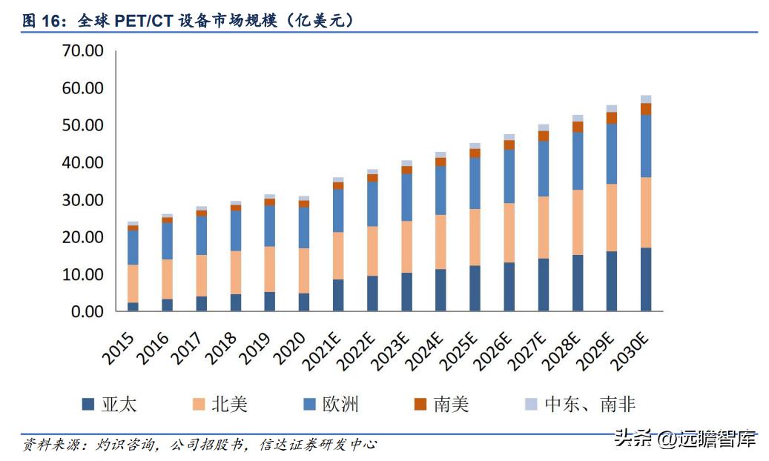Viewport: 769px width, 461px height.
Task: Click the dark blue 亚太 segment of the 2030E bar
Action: point(646,279)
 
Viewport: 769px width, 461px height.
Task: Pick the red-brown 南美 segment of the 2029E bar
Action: point(612,118)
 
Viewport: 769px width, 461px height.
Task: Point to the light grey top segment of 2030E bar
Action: point(646,99)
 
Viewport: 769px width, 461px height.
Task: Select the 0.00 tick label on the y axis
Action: point(87,312)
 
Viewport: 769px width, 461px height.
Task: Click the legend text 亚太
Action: point(119,404)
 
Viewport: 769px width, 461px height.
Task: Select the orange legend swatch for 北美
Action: point(198,404)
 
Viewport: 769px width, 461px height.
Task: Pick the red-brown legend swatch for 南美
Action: point(420,404)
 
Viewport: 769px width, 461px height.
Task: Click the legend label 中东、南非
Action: point(590,404)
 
